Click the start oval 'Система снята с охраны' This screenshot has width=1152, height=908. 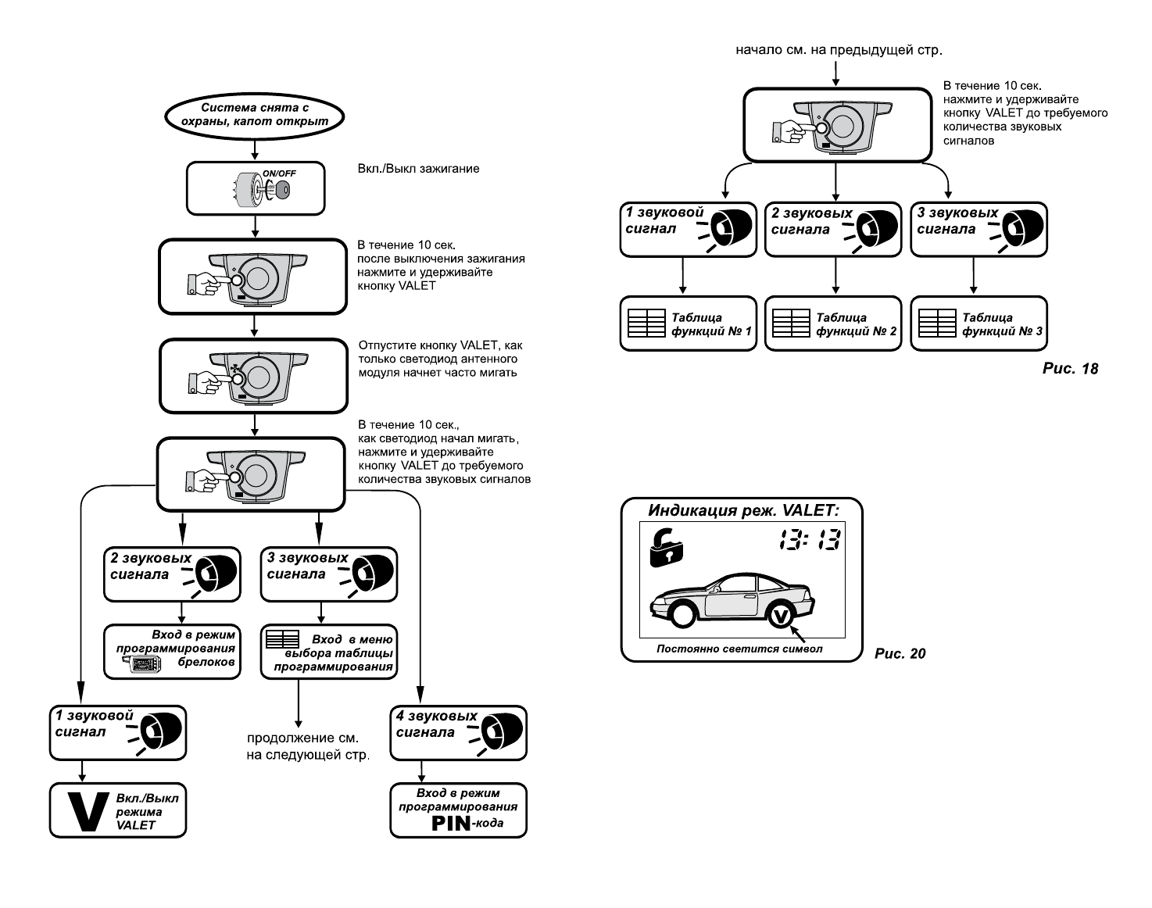tap(256, 115)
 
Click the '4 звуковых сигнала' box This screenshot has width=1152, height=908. tap(459, 733)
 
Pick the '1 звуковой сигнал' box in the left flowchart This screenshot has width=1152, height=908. tap(118, 733)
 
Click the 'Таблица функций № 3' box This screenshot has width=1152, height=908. tap(978, 324)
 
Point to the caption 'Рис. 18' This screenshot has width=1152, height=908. tap(1070, 368)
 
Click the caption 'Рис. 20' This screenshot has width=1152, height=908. tap(900, 653)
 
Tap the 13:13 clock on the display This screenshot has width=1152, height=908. tap(808, 539)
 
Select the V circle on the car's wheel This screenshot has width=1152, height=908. tap(780, 616)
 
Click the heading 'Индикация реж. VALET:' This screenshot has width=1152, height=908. tap(742, 511)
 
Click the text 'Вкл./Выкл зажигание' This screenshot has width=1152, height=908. tap(418, 168)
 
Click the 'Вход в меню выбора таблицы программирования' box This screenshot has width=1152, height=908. tap(329, 651)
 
